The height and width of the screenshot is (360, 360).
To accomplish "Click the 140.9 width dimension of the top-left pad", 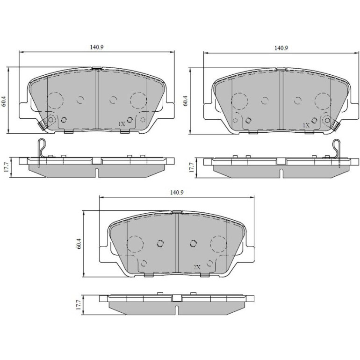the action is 97,47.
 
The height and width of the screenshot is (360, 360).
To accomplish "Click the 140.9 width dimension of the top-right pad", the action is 281,48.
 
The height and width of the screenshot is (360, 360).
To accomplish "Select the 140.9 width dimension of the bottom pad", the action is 177,193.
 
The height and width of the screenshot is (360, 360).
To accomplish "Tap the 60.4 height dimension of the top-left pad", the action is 4,101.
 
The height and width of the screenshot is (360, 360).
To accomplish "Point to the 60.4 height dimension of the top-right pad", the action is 185,101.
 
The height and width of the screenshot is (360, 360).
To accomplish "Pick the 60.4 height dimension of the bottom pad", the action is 79,244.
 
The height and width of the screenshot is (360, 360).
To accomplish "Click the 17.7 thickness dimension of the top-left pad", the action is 6,167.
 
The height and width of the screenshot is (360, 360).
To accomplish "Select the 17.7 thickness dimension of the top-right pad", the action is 191,167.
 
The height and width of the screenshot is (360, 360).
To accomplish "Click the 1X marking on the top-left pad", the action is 122,124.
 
